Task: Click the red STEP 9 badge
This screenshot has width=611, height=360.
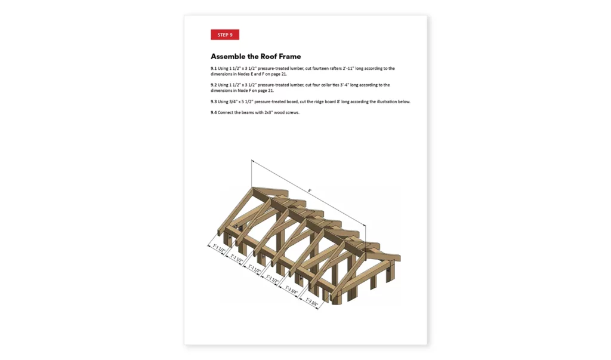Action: click(x=225, y=35)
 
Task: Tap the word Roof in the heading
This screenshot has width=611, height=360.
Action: click(x=270, y=57)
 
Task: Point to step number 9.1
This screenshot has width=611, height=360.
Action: click(x=214, y=69)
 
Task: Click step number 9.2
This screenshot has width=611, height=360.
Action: click(x=214, y=85)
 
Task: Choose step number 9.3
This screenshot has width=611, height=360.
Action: click(x=214, y=101)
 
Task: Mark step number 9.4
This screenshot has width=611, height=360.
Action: click(x=214, y=112)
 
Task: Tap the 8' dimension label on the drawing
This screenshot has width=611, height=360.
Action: click(x=310, y=190)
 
